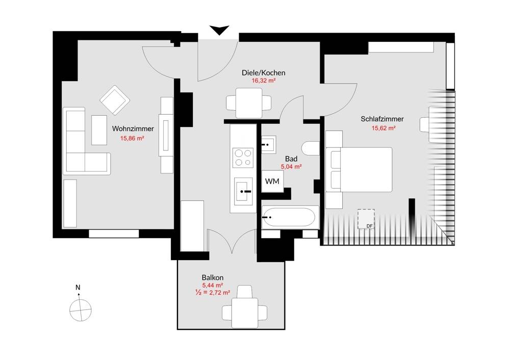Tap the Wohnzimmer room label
pyautogui.click(x=133, y=129)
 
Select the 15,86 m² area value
pyautogui.click(x=132, y=138)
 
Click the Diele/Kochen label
pyautogui.click(x=264, y=73)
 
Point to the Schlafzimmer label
pyautogui.click(x=382, y=119)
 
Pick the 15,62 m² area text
pyautogui.click(x=384, y=128)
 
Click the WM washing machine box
pyautogui.click(x=272, y=181)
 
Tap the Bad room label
pyautogui.click(x=291, y=159)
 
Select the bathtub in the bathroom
pyautogui.click(x=289, y=217)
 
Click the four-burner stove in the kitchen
pyautogui.click(x=243, y=158)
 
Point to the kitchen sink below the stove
pyautogui.click(x=244, y=191)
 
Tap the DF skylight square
pyautogui.click(x=366, y=219)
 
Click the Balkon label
pyautogui.click(x=212, y=278)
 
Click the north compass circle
pyautogui.click(x=81, y=310)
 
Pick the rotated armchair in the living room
pyautogui.click(x=115, y=100)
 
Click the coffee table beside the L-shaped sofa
pyautogui.click(x=99, y=130)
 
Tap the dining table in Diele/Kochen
pyautogui.click(x=249, y=103)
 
